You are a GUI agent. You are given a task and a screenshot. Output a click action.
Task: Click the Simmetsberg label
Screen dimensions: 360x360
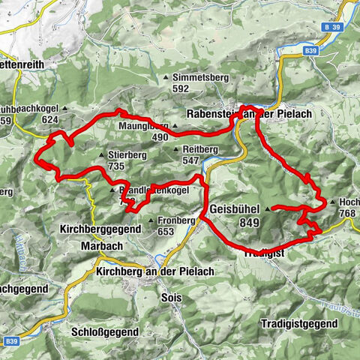199,77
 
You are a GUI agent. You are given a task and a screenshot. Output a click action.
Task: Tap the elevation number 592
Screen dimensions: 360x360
180,88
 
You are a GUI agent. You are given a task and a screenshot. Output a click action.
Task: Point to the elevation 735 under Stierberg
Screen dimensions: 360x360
115,166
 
